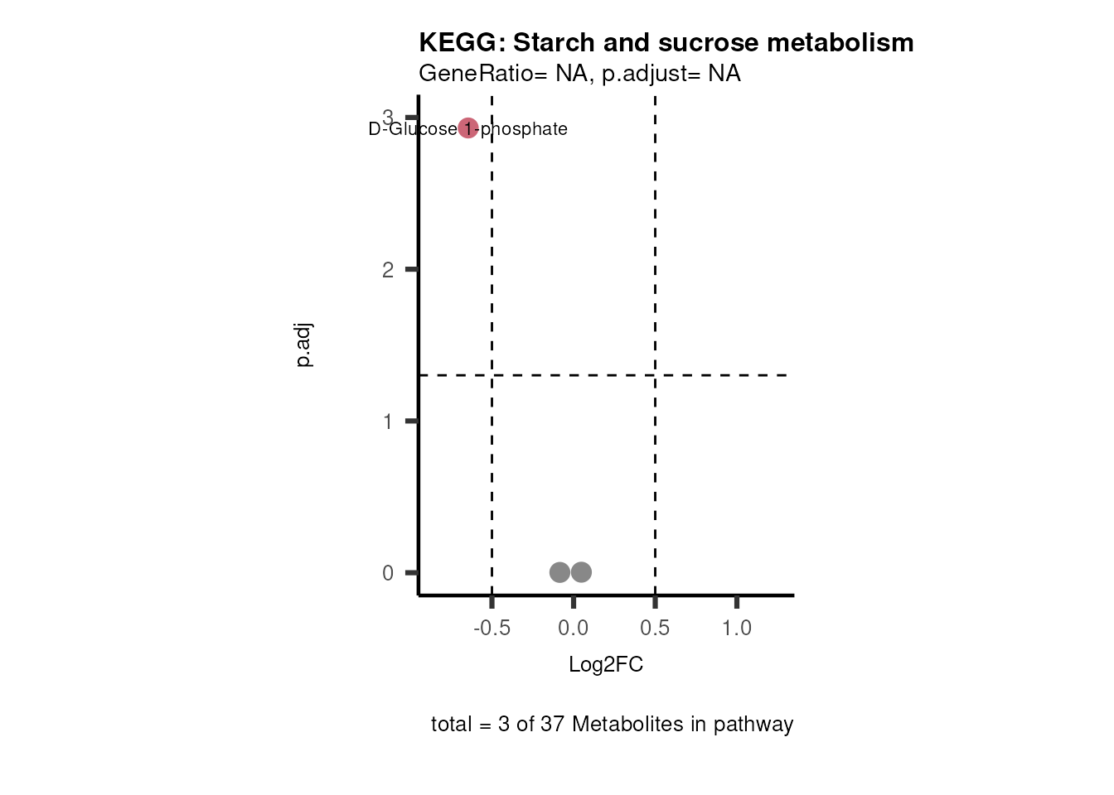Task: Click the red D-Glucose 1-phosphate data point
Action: pos(467,128)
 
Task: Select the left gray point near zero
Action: pos(559,572)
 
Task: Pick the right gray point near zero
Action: pos(581,572)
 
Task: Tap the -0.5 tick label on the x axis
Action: pos(492,629)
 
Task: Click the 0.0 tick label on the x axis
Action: pos(573,629)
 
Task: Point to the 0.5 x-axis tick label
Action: pos(655,629)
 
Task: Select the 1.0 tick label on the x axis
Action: pos(736,629)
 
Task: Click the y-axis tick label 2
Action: pos(388,270)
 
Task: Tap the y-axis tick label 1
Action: pos(388,422)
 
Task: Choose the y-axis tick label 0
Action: pos(388,573)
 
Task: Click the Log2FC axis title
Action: pos(606,665)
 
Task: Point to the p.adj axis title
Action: pos(304,345)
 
